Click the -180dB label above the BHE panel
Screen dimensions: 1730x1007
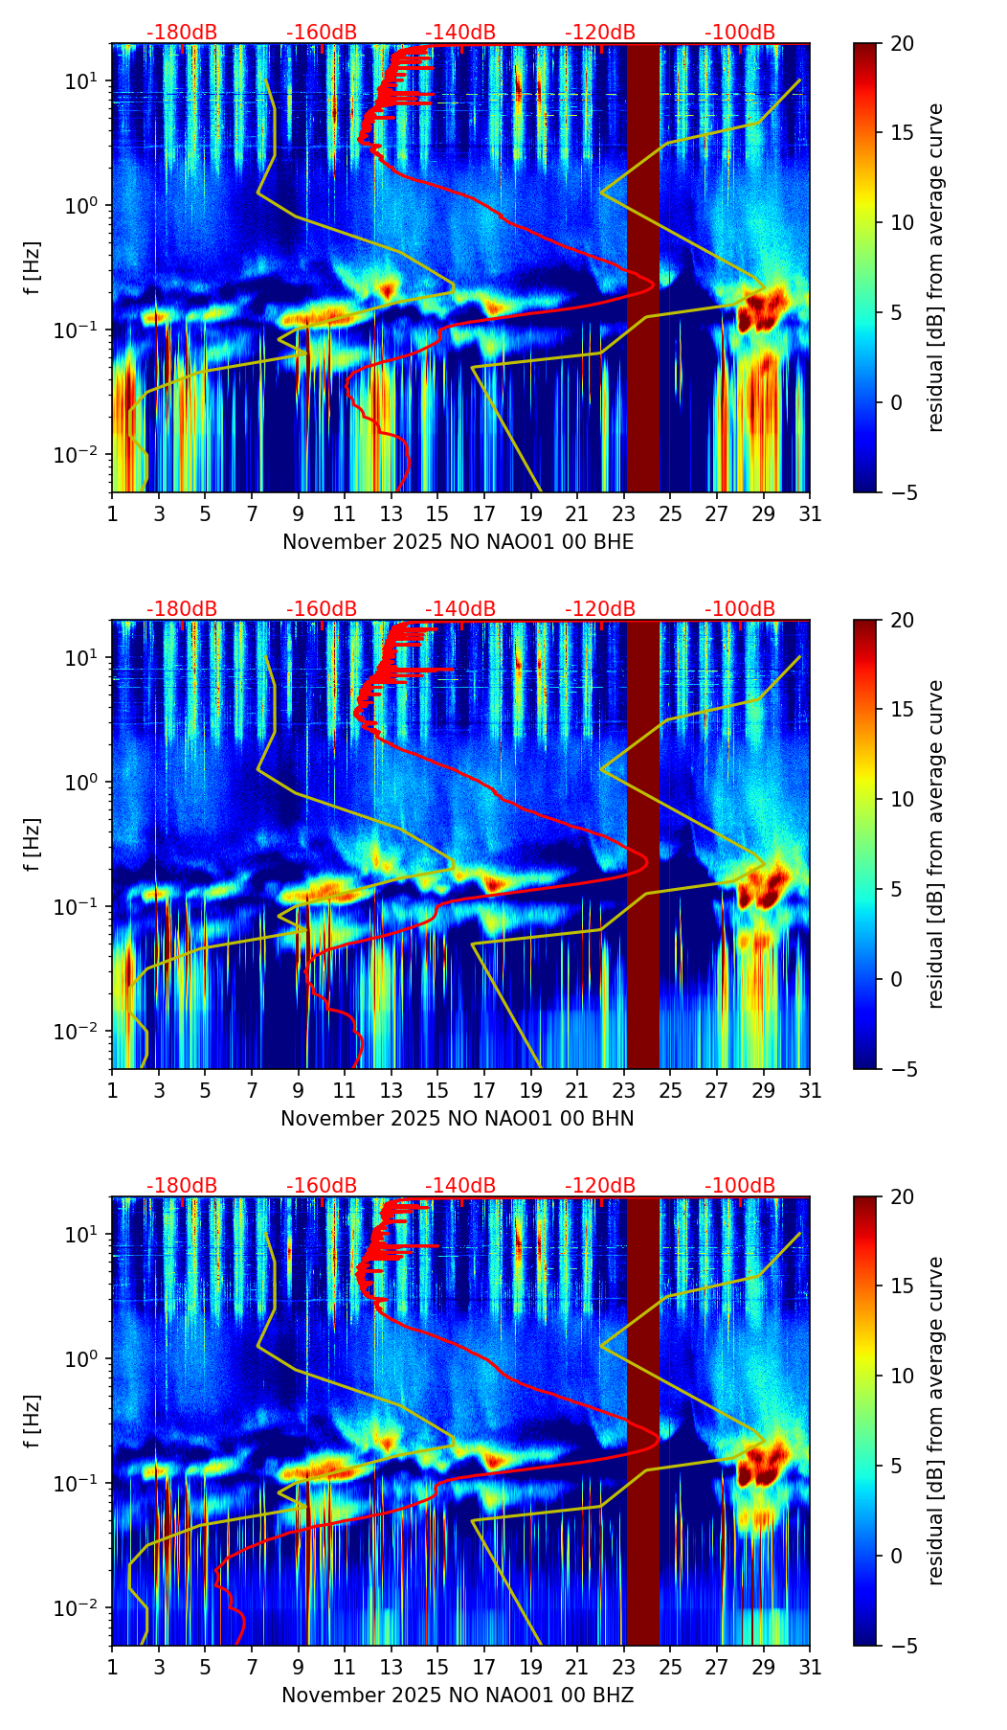point(182,33)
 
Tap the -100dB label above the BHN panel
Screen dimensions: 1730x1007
point(740,609)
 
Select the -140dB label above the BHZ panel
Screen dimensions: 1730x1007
point(460,1186)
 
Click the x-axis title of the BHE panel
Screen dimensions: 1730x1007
point(458,542)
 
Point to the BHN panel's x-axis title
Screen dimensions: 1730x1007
point(458,1119)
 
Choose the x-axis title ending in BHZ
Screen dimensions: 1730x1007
point(458,1696)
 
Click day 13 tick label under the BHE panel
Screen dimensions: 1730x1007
point(391,514)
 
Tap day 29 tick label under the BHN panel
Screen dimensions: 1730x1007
point(763,1091)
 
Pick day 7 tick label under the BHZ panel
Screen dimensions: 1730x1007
point(252,1668)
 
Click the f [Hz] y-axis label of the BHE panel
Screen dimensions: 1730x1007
point(34,268)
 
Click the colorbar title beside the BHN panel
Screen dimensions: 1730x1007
point(935,844)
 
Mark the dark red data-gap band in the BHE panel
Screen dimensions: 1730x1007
point(643,268)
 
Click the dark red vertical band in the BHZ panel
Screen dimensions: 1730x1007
point(643,1422)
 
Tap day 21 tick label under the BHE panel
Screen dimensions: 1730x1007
point(576,514)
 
